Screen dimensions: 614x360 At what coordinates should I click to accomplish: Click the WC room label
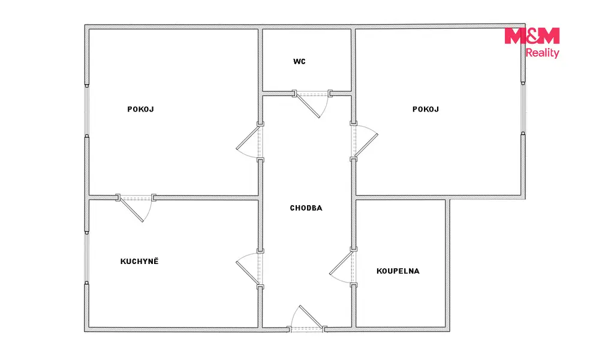pos(299,62)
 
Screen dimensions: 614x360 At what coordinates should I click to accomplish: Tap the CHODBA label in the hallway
pos(306,208)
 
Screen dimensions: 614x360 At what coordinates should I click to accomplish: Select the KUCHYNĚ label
pos(139,261)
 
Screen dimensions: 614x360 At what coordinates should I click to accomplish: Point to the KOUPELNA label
pos(398,271)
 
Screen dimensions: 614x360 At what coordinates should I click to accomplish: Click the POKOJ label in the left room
pos(140,109)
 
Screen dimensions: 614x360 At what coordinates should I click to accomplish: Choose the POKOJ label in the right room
pos(426,109)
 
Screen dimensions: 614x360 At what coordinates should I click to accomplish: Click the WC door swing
pos(312,104)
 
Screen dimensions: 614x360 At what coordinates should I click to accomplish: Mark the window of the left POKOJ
pos(87,110)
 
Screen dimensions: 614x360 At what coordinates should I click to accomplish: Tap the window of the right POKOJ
pos(523,108)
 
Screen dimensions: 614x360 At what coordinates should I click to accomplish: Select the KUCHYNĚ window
pos(87,257)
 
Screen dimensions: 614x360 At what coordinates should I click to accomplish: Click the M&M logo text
pos(532,35)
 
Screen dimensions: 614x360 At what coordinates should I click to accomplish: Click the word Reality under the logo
pos(542,53)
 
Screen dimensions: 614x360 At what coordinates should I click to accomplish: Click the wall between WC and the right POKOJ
pos(353,75)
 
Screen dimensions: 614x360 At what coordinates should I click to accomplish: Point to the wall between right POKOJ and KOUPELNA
pos(401,197)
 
